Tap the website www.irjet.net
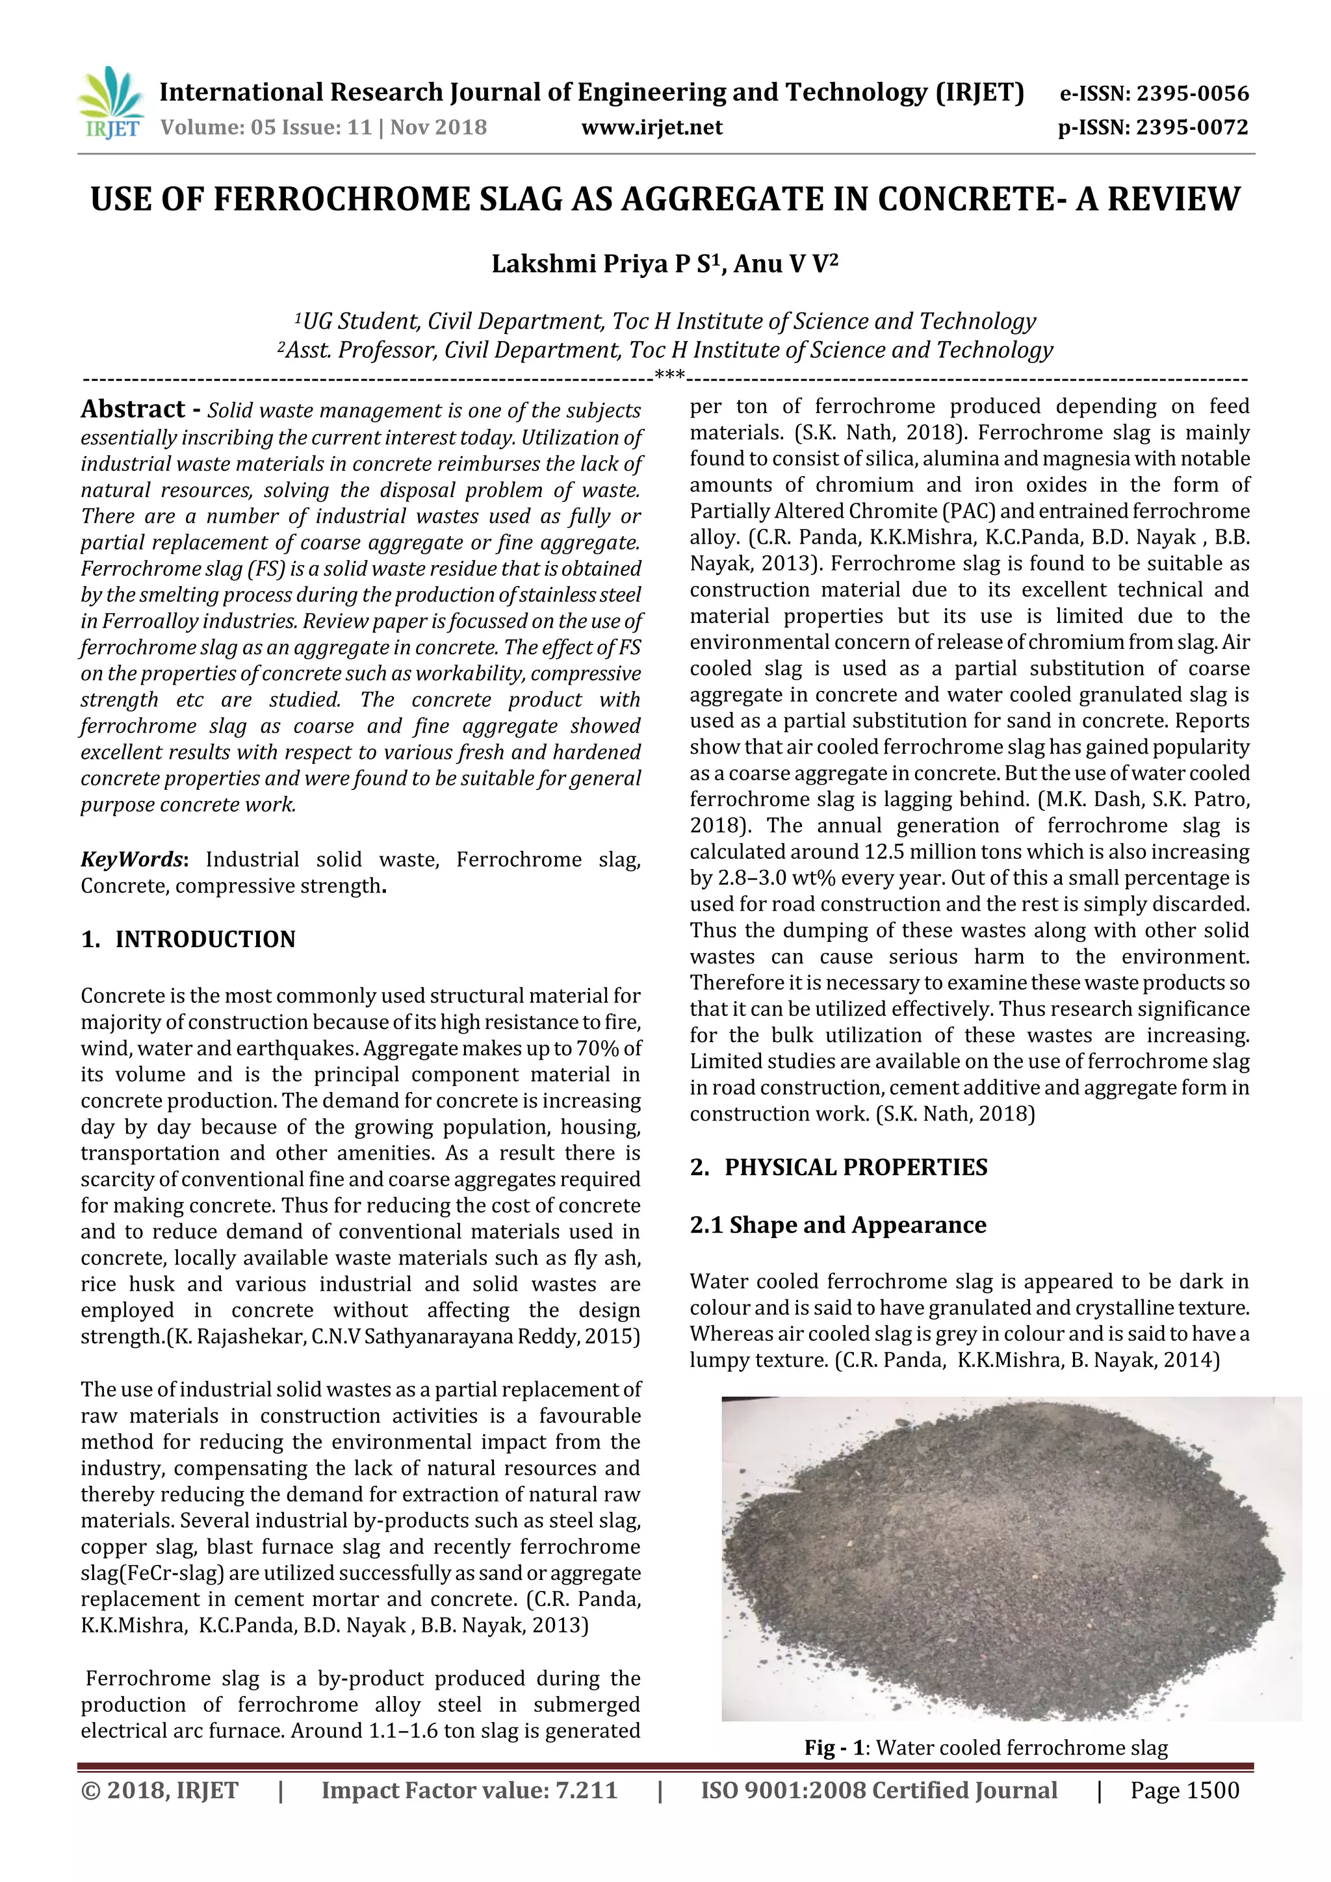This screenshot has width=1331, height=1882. (652, 128)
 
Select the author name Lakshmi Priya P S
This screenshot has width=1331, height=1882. (602, 265)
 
